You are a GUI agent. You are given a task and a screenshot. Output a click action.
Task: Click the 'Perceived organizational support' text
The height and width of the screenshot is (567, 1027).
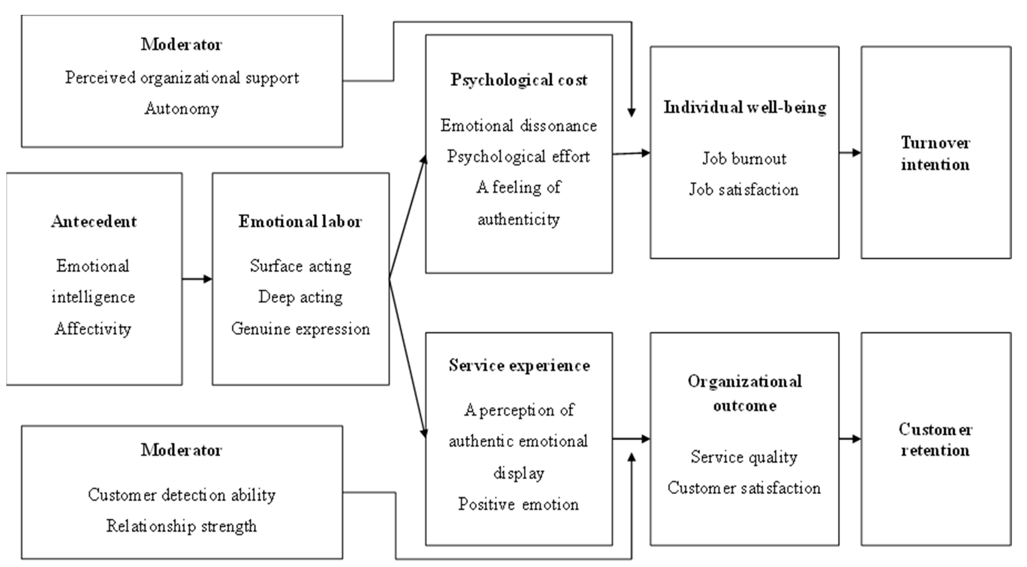click(x=182, y=78)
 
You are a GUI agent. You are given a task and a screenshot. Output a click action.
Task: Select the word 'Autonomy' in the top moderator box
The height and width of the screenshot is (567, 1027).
click(x=182, y=108)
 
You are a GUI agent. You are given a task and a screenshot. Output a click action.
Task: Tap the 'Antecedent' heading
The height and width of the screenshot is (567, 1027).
click(x=94, y=221)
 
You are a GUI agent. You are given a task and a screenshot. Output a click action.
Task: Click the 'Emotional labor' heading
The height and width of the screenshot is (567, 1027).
click(x=300, y=221)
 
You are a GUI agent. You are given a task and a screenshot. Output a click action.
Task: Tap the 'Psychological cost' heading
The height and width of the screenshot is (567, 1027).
click(x=519, y=80)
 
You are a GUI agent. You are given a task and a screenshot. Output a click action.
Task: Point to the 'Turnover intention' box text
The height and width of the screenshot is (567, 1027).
click(x=935, y=153)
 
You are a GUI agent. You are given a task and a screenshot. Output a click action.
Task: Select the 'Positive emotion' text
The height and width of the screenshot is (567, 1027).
click(x=519, y=504)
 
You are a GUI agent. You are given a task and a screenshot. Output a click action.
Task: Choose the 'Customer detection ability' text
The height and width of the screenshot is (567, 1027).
click(x=182, y=495)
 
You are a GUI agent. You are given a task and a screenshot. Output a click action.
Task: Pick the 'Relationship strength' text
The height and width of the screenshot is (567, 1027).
click(x=182, y=526)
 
